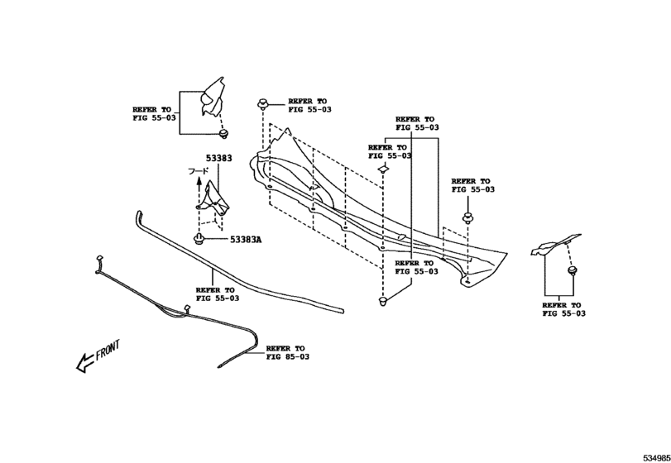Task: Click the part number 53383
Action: pyautogui.click(x=218, y=158)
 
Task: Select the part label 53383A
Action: pyautogui.click(x=246, y=240)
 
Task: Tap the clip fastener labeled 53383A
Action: pyautogui.click(x=198, y=239)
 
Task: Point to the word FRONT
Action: pyautogui.click(x=108, y=350)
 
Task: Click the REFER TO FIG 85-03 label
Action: pyautogui.click(x=288, y=353)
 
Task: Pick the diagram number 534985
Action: pyautogui.click(x=657, y=458)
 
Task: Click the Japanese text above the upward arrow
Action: pyautogui.click(x=199, y=171)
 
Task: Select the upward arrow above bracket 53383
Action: pyautogui.click(x=199, y=189)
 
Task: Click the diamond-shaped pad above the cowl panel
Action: pyautogui.click(x=382, y=169)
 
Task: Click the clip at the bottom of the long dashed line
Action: pyautogui.click(x=383, y=302)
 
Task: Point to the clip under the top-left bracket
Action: pyautogui.click(x=223, y=134)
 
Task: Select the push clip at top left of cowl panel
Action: pyautogui.click(x=263, y=103)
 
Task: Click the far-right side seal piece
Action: pyautogui.click(x=555, y=245)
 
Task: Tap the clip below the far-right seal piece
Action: pyautogui.click(x=571, y=270)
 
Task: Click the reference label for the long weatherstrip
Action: pyautogui.click(x=218, y=294)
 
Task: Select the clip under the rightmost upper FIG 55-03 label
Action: pyautogui.click(x=468, y=218)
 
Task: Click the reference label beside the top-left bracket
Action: pyautogui.click(x=154, y=114)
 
